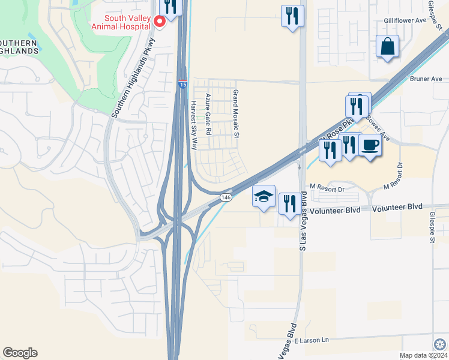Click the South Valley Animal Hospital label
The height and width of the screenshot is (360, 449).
(x=120, y=22)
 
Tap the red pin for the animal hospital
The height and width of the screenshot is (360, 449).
(x=160, y=22)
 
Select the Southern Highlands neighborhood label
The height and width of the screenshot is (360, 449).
(x=18, y=46)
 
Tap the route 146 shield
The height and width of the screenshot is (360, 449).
(x=226, y=197)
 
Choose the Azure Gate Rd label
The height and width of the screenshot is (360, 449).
(x=208, y=113)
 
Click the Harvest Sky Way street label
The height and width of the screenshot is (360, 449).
(x=193, y=124)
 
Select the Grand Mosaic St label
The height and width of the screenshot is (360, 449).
(x=236, y=114)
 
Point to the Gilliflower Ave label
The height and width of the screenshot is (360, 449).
(x=405, y=20)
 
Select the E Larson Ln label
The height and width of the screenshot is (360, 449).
(x=312, y=340)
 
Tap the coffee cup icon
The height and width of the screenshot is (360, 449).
(x=370, y=146)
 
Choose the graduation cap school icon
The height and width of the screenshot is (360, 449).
(x=264, y=196)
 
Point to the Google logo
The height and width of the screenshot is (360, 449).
(x=20, y=353)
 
